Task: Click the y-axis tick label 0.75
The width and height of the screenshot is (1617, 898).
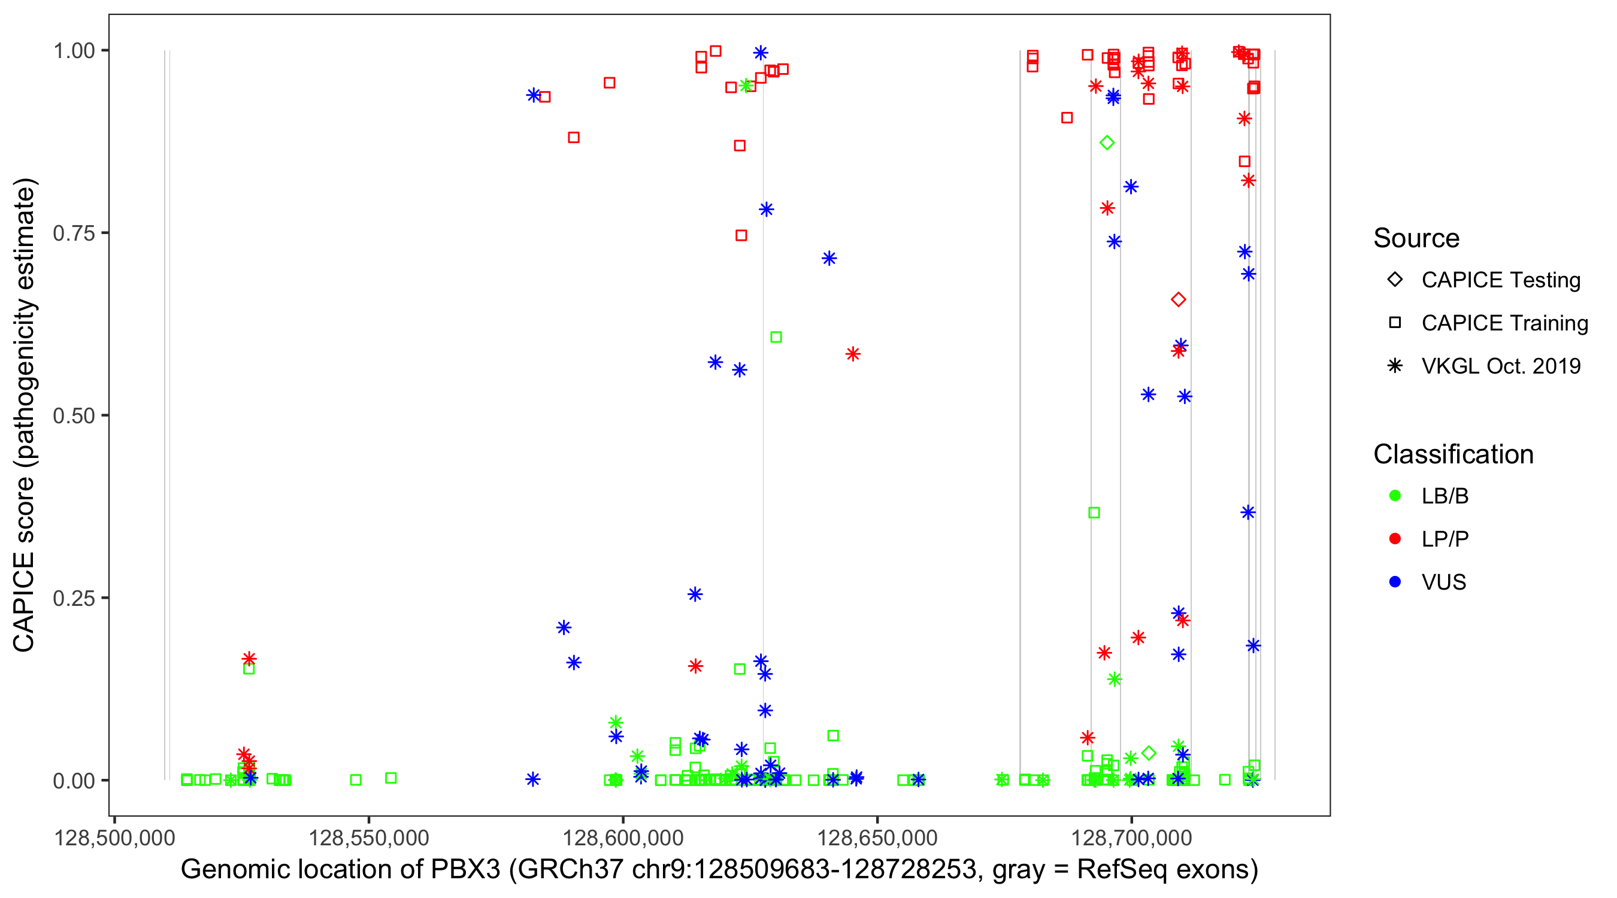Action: pos(73,233)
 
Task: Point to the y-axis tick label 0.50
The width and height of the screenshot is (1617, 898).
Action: pos(73,415)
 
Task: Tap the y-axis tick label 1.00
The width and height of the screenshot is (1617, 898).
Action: pos(73,50)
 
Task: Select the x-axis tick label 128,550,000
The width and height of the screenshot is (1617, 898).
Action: pos(368,838)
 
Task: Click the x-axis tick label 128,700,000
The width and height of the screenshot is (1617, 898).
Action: pos(1131,838)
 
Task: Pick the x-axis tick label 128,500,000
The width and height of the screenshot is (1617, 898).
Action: pos(114,838)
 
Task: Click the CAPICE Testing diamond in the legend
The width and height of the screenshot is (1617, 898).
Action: pos(1395,280)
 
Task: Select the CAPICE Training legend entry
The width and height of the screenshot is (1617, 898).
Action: pos(1504,323)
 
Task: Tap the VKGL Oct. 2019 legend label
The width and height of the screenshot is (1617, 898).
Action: pos(1500,366)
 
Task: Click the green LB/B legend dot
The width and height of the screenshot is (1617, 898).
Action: pos(1395,496)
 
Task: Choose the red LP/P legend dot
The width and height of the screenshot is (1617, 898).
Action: pos(1395,539)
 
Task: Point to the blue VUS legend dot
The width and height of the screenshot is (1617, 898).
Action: pos(1395,582)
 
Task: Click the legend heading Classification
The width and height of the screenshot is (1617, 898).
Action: pos(1453,454)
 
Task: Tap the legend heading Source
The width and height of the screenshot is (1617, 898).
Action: pos(1416,238)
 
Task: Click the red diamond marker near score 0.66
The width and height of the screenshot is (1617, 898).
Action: pos(1178,300)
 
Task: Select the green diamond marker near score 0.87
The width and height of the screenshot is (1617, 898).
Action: pos(1107,143)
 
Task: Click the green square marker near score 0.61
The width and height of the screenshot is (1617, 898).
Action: pos(776,338)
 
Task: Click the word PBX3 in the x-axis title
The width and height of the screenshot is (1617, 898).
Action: pos(465,870)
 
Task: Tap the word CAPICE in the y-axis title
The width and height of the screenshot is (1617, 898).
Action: pos(24,602)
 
